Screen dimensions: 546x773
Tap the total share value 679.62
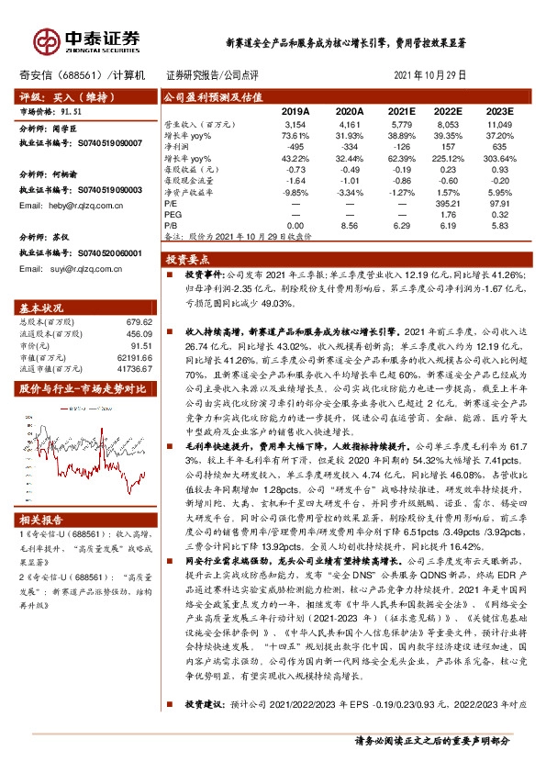point(138,321)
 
